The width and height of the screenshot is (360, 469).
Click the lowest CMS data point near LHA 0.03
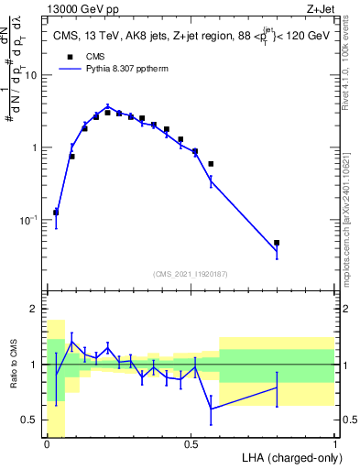(x=56, y=212)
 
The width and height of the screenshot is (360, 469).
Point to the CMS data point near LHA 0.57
(x=211, y=164)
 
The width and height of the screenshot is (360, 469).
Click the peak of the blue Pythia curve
(x=108, y=106)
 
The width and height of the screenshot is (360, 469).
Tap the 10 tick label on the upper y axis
(x=35, y=75)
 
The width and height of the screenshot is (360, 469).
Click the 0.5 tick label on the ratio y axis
(x=34, y=420)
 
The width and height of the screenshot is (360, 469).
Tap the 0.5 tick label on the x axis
(x=191, y=445)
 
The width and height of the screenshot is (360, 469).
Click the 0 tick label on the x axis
(x=47, y=445)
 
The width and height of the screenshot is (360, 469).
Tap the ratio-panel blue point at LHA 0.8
(x=277, y=387)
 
